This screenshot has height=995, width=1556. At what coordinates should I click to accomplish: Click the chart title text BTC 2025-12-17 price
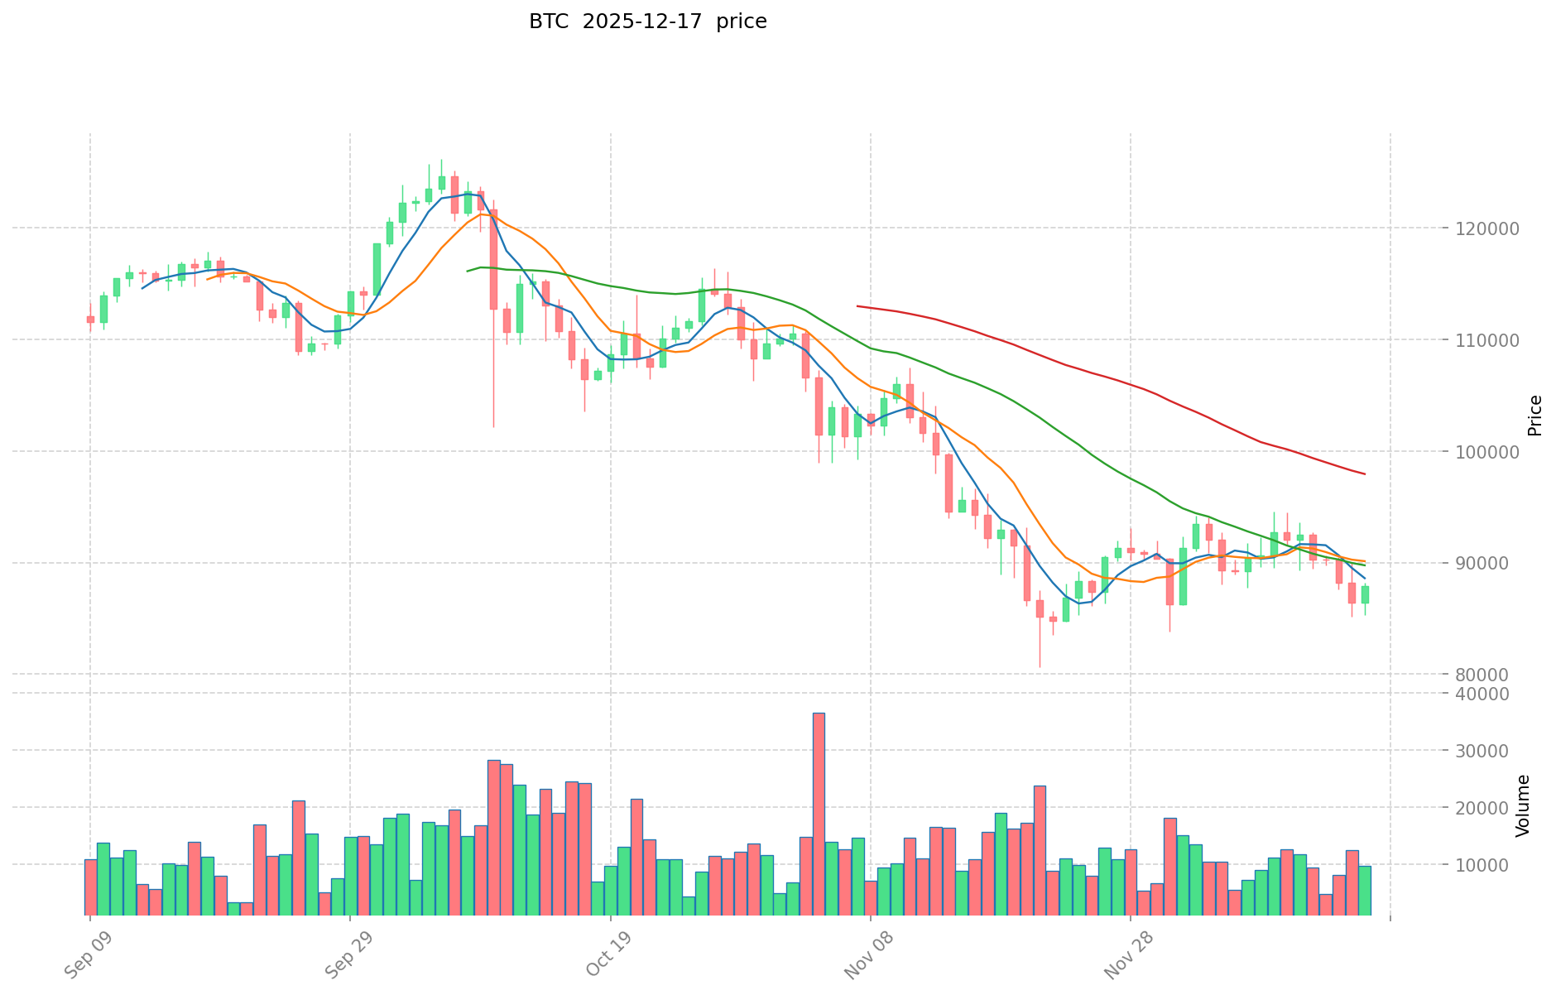click(x=647, y=22)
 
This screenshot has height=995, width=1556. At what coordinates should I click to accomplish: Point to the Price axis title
click(x=1534, y=415)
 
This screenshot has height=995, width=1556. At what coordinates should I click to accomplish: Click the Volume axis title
click(x=1523, y=805)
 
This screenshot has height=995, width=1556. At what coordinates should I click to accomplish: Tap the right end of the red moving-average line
click(x=1365, y=473)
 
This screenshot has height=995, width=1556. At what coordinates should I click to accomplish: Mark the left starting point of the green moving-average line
click(x=468, y=271)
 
